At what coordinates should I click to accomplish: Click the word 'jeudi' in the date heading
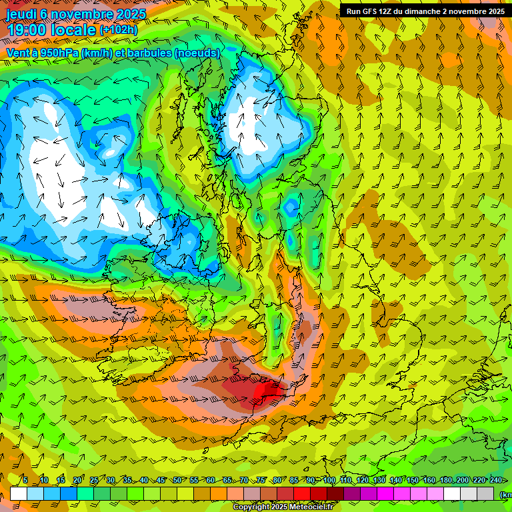pos(21,13)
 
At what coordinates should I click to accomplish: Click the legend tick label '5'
pos(25,480)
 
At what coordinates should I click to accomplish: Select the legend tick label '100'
pos(329,480)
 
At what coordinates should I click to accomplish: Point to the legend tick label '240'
pos(495,480)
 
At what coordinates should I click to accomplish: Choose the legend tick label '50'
pos(177,480)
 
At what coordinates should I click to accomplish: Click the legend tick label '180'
pos(445,480)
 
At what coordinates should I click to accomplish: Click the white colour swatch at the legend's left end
pos(19,493)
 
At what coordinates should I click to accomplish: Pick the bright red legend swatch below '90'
pos(303,493)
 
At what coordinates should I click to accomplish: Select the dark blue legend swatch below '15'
pos(69,493)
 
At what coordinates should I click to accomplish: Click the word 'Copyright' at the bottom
pos(251,507)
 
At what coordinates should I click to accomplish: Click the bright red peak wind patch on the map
pos(270,390)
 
